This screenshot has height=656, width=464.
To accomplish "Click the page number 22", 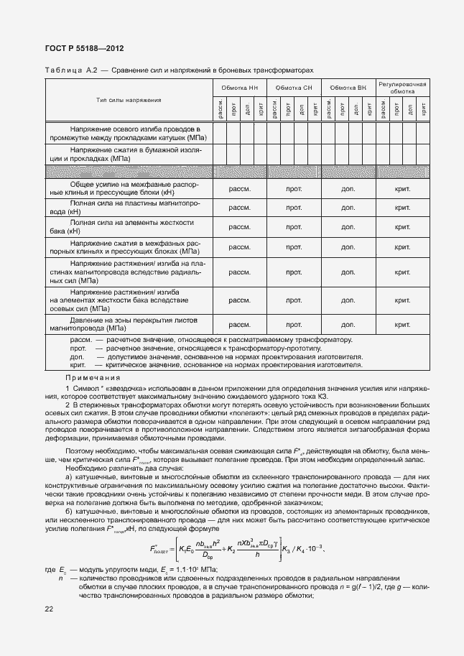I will click(49, 610).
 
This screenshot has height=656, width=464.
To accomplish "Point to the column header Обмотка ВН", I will click(348, 87).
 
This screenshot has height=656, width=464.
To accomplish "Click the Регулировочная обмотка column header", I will click(402, 88).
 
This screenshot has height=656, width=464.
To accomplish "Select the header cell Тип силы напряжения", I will click(129, 99).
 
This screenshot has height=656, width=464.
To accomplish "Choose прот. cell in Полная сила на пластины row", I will click(293, 208).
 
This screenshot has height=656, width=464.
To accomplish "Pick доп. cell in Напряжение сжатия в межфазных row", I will click(348, 246).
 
